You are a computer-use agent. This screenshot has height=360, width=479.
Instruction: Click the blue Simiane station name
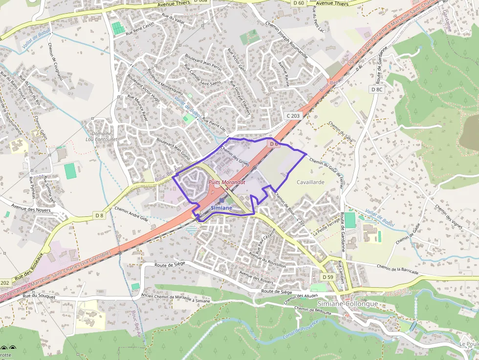(x=221, y=208)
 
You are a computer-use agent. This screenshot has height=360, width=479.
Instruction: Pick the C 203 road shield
(x=293, y=116)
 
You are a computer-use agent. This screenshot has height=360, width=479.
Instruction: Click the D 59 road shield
(x=327, y=277)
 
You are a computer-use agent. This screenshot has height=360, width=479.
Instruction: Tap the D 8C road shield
(x=376, y=89)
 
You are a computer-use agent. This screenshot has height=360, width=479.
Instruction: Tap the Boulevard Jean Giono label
(x=173, y=148)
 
